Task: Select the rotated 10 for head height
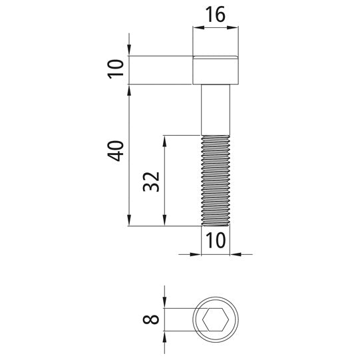coord(116,70)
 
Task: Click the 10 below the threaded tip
coord(216,240)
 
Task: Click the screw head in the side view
coord(216,71)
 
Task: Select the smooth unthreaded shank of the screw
coord(216,110)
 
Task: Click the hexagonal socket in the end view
coord(216,321)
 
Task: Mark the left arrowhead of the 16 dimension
coord(197,29)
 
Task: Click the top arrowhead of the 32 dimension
coord(164,140)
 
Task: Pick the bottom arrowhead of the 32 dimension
coord(164,222)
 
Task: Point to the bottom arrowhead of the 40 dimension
coord(128,222)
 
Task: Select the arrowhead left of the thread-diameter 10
coord(197,254)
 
